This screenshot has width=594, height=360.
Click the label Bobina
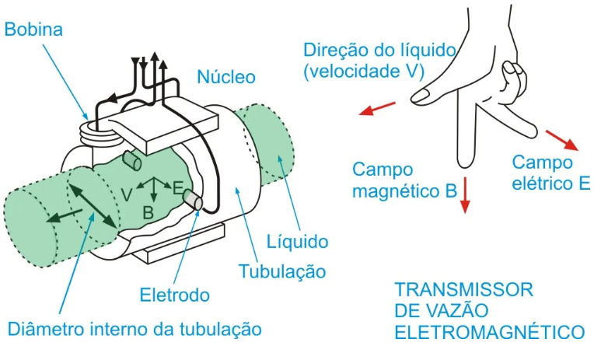pos(33,30)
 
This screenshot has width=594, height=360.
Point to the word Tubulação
pos(281,271)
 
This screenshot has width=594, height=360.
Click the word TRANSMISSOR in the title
pos(464,290)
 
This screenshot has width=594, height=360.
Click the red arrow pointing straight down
pos(465,194)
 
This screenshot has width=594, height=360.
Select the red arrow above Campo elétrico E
pos(562,140)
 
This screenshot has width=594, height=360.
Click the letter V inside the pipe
pos(127,194)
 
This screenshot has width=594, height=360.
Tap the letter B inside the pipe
pos(148,211)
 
